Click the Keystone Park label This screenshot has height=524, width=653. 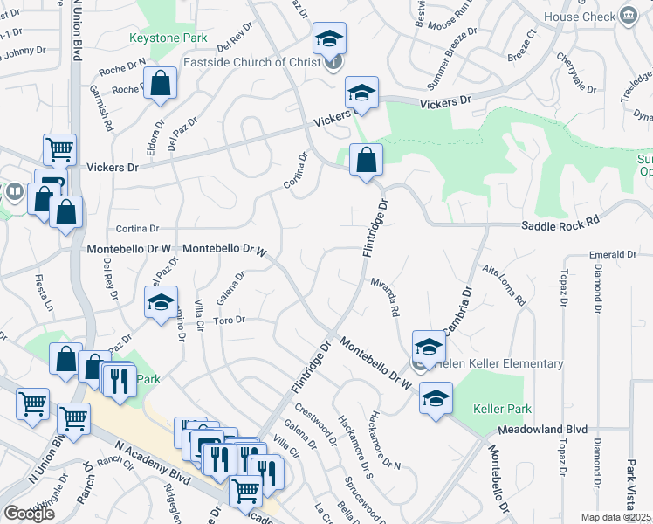[168, 38]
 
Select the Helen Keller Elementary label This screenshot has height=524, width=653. [495, 363]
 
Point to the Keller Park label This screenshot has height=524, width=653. [502, 409]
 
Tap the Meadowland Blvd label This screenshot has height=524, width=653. [543, 430]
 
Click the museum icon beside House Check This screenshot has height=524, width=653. [627, 16]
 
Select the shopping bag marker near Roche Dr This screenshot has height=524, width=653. [162, 84]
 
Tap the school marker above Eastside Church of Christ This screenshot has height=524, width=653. [330, 38]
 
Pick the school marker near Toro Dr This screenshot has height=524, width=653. [161, 303]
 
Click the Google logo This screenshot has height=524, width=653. [29, 514]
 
